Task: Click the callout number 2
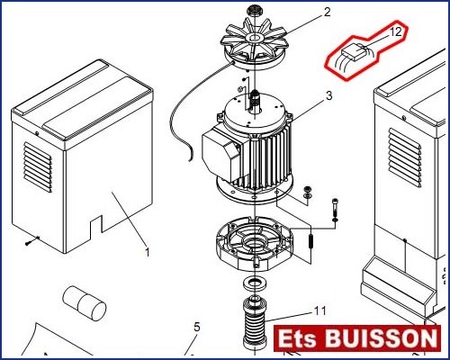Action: [327, 12]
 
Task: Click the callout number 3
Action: [329, 95]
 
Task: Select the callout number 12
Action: [396, 31]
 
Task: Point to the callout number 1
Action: [147, 252]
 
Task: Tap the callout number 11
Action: [320, 310]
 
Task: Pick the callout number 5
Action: [196, 327]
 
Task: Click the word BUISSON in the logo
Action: [382, 338]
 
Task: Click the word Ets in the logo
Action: [297, 338]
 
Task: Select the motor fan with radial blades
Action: [255, 42]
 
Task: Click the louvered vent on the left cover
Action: [38, 167]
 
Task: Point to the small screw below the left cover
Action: [32, 240]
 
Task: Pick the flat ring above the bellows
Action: [255, 283]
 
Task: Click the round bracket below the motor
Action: [255, 245]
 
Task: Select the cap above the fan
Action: [254, 11]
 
